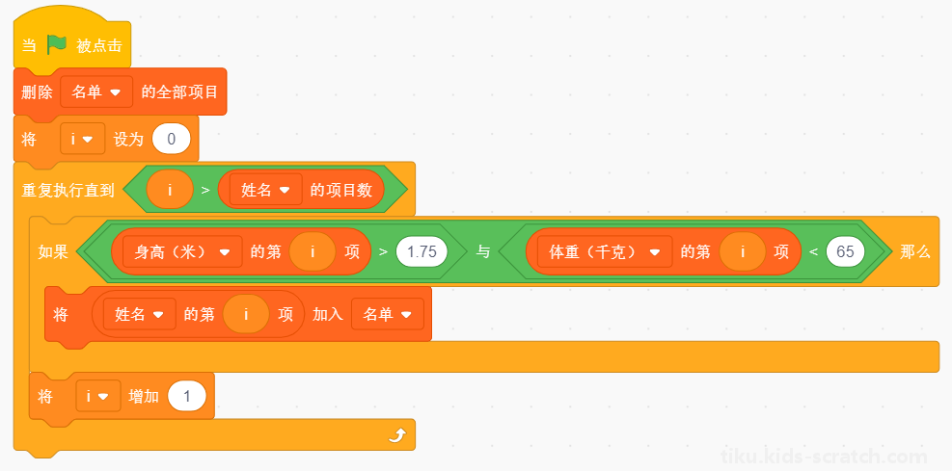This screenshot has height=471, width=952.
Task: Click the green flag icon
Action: [57, 44]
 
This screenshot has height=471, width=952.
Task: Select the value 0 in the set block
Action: [172, 139]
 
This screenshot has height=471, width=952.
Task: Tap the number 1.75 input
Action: [422, 251]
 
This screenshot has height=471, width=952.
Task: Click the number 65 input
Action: [845, 251]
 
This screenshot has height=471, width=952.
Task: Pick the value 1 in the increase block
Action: [187, 397]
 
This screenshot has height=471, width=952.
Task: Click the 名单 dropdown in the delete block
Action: [96, 92]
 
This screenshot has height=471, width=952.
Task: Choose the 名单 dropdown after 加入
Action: [388, 314]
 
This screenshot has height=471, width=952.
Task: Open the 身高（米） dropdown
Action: [182, 251]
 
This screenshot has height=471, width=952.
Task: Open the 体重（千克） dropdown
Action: [605, 251]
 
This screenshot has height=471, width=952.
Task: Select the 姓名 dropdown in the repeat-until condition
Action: [266, 190]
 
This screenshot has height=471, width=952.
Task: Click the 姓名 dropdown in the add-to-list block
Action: [140, 314]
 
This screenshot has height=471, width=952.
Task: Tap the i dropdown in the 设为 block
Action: [83, 139]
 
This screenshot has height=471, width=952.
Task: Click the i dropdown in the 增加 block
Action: [98, 397]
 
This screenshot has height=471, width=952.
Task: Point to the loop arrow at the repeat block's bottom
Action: [397, 435]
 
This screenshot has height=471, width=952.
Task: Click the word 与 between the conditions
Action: [482, 251]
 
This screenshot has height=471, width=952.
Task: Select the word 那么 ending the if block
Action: [915, 251]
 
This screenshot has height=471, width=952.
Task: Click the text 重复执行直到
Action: [68, 190]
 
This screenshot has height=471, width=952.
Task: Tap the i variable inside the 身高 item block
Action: [313, 251]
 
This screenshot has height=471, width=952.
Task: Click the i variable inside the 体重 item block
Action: [742, 251]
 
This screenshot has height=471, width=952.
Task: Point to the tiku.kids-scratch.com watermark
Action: [824, 456]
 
